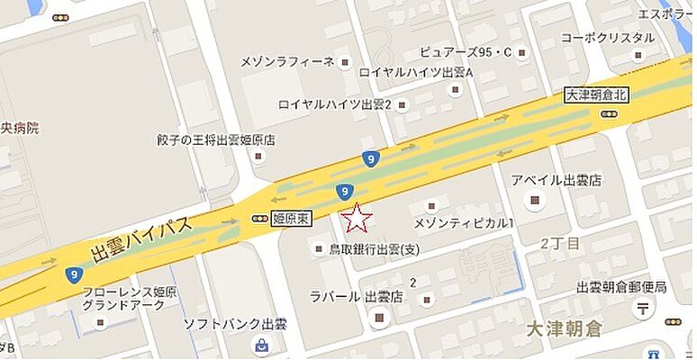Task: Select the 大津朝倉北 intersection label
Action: point(594,94)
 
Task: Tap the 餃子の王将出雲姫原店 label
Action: point(215,140)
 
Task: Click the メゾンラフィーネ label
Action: point(287,61)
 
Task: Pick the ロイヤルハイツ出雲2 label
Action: point(335,104)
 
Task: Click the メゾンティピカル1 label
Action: point(463,222)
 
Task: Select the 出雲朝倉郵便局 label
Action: point(621,287)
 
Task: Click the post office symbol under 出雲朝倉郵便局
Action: point(643,310)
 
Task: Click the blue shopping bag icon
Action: point(261,345)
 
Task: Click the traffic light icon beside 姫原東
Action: point(260,218)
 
